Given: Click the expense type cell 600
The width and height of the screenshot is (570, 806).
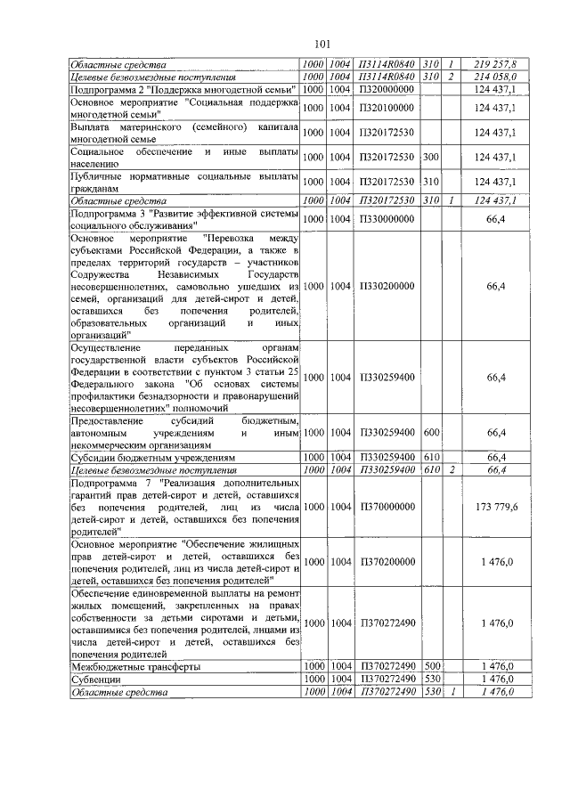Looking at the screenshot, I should click(x=431, y=433).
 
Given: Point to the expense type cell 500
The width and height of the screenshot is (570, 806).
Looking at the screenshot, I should click(x=431, y=666).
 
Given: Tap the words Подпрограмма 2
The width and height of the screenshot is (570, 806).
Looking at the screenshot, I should click(x=110, y=90).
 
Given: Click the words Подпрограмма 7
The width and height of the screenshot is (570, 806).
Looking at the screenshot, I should click(x=110, y=482).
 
